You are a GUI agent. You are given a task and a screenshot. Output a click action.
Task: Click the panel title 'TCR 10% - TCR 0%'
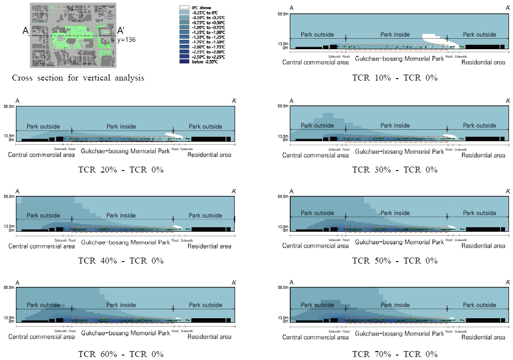[x=395, y=78]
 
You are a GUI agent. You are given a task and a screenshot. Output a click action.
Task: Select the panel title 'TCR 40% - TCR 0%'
[x=121, y=261]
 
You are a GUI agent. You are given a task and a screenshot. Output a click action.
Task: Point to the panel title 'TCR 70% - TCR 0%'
[x=395, y=354]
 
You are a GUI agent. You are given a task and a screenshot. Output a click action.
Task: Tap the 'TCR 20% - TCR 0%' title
[x=121, y=170]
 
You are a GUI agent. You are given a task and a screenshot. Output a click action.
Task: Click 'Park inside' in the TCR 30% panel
[x=395, y=125]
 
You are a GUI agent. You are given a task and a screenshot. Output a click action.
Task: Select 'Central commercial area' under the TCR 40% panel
[x=41, y=246]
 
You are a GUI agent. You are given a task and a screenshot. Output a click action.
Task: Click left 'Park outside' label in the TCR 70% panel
[x=317, y=305]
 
